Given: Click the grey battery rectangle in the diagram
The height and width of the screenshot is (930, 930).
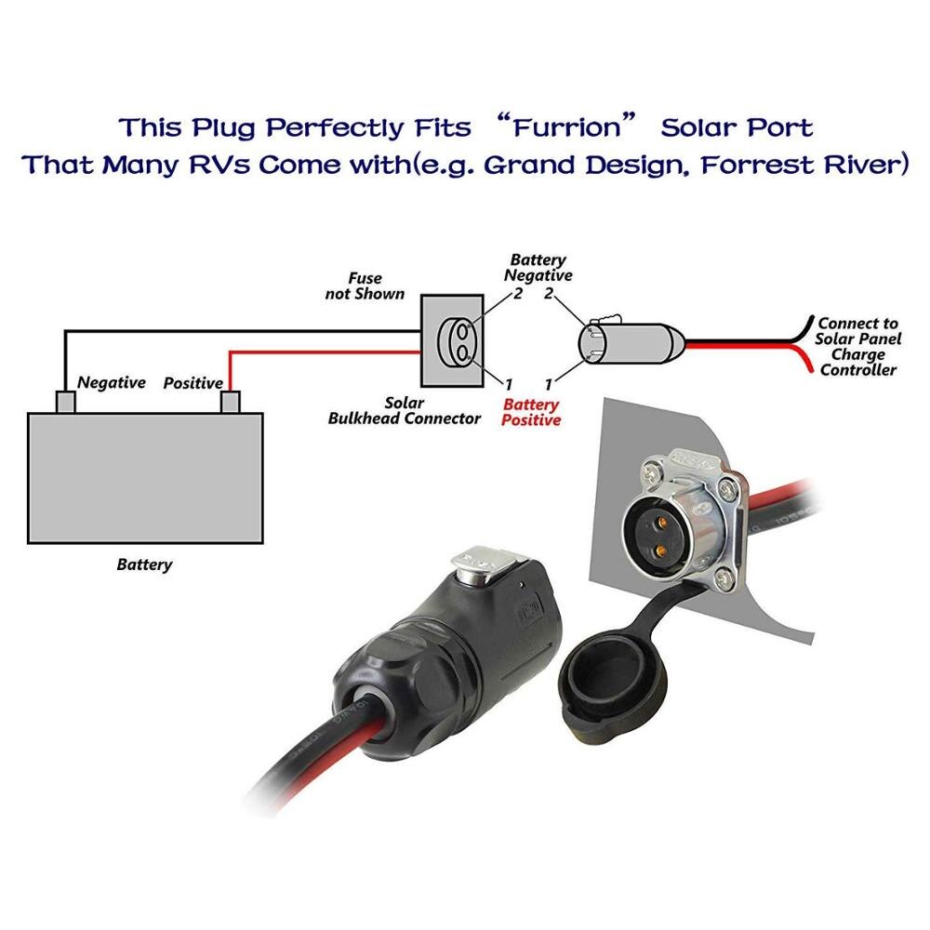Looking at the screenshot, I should click(145, 478).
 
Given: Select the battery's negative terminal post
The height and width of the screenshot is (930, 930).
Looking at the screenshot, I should click(66, 402).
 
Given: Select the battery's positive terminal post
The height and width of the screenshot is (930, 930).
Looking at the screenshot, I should click(229, 402).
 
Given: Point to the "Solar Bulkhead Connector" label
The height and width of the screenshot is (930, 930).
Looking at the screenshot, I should click(404, 411).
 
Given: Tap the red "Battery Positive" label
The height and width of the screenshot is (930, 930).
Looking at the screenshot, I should click(531, 412).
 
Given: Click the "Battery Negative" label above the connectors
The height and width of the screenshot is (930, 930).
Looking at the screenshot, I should click(538, 268).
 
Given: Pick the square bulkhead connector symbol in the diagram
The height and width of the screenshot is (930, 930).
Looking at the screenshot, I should click(453, 340).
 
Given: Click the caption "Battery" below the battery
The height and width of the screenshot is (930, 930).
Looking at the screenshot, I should click(144, 565).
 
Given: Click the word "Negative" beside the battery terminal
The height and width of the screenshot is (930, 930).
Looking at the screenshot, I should click(111, 382).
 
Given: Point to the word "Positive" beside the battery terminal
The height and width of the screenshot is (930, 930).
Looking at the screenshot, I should click(193, 383).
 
